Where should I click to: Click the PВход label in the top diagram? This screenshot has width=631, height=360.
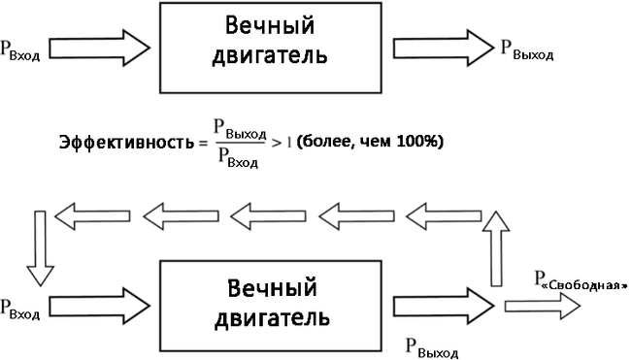tap(20, 50)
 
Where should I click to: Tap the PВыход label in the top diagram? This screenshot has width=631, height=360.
tap(527, 49)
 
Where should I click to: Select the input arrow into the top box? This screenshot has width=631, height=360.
tap(100, 48)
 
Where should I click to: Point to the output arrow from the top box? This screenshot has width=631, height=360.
tap(444, 48)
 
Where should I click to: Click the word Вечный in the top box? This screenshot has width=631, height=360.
tap(270, 26)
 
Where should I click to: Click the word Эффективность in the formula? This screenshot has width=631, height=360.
tap(126, 143)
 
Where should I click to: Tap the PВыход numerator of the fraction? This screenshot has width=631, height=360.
tap(240, 130)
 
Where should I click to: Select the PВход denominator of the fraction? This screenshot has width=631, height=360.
tap(238, 157)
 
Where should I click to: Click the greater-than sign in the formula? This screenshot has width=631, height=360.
tap(276, 143)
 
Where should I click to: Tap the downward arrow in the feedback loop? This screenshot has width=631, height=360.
tap(40, 248)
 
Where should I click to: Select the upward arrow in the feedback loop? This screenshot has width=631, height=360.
tap(496, 248)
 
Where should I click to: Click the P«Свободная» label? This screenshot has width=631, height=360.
tap(581, 279)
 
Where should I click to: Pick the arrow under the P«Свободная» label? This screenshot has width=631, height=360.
tap(543, 306)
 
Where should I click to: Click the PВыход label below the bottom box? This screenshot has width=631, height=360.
tap(432, 348)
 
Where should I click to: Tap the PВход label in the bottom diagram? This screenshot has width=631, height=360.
tap(20, 310)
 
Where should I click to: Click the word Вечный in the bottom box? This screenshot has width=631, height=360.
tap(273, 289)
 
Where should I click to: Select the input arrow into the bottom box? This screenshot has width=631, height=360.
tap(100, 306)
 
